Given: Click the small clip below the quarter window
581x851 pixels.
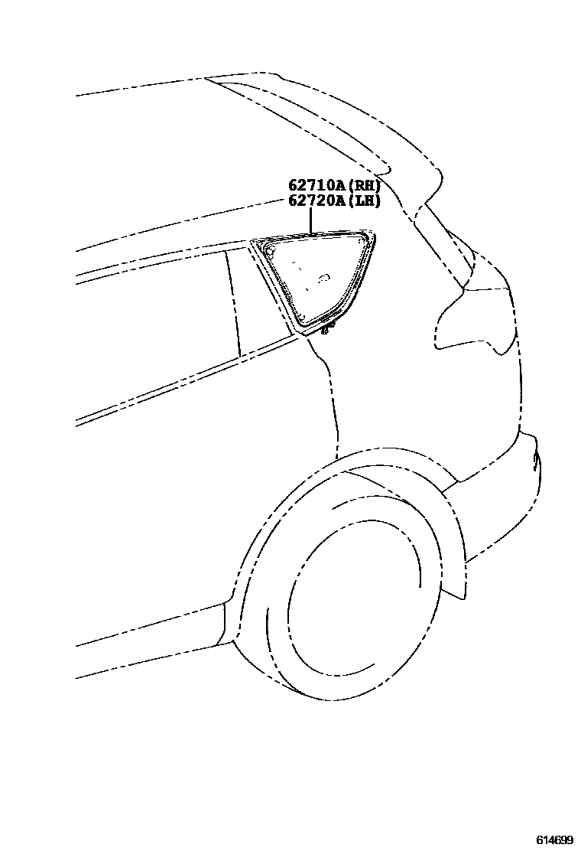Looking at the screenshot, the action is coord(329,330).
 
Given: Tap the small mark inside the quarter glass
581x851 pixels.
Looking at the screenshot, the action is coord(324,277).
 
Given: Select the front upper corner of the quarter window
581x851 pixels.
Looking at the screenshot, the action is coord(255,243).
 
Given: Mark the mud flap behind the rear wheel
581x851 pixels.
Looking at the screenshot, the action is coord(454,582).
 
